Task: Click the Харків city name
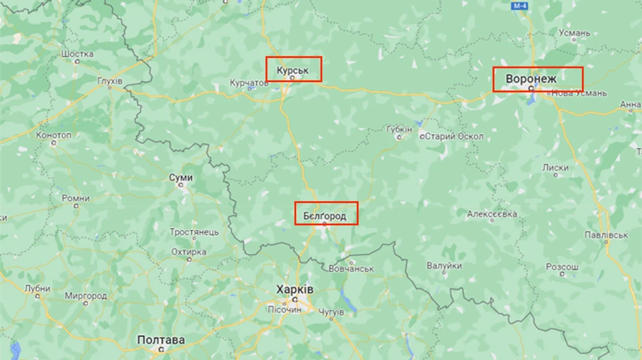pos(295,290)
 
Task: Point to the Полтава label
pos(160,340)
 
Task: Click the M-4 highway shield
pos(519,6)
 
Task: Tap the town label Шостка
pos(77,54)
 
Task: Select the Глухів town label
pos(110,82)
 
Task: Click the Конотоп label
pos(54,135)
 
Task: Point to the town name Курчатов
pos(249,83)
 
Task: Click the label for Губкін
pos(399,130)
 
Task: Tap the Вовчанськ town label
pos(352,269)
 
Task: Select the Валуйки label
pos(444,266)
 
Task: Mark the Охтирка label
pos(189,252)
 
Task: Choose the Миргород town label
pos(85,295)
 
